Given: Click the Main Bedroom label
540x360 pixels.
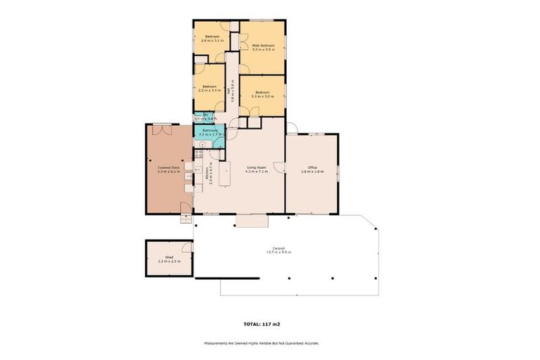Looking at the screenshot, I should (262, 47).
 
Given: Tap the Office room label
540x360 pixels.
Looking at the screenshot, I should (312, 169).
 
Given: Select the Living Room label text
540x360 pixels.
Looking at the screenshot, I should (257, 169).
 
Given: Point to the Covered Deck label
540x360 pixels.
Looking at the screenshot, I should (169, 169).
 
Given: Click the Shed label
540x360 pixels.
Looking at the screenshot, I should (169, 259).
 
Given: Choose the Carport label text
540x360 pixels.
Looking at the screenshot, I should (279, 250).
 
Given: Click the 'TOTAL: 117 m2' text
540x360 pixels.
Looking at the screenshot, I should (262, 324).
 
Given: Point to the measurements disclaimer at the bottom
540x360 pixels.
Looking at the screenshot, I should (262, 343).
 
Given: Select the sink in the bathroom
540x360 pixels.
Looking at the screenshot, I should (199, 144).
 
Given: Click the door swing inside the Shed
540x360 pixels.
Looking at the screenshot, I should (187, 247).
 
